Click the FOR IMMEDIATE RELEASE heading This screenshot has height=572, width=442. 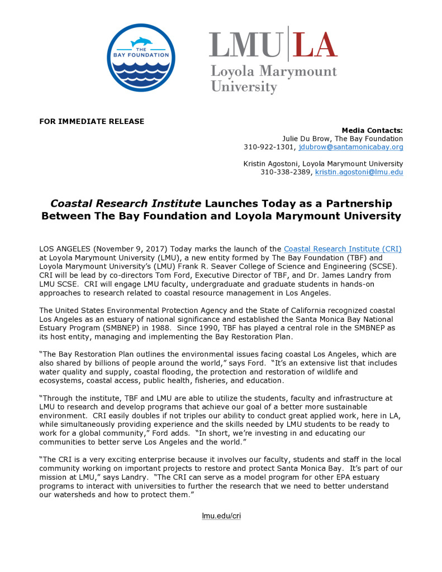point(92,121)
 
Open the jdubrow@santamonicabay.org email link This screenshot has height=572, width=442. point(351,147)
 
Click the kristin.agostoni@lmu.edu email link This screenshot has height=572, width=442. point(359,172)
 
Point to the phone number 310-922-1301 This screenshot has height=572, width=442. point(268,147)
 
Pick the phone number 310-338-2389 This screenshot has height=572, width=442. point(285,172)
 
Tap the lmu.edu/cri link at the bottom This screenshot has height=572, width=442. point(221,516)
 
